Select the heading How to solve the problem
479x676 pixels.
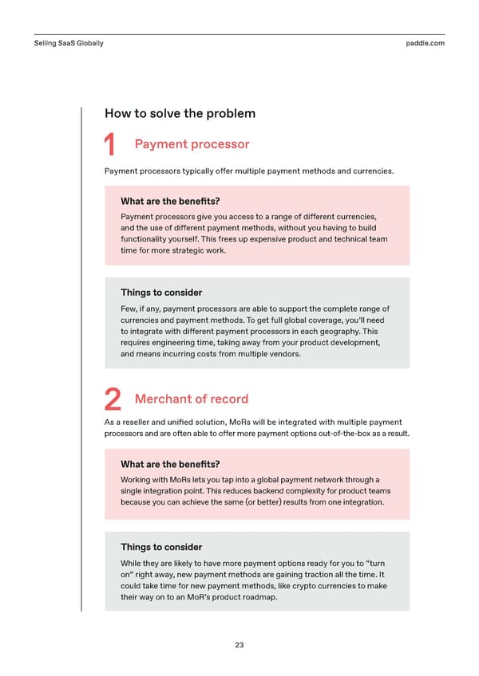(180, 113)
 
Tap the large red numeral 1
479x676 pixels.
(112, 146)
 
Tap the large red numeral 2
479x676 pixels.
(113, 400)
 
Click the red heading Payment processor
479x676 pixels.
(192, 144)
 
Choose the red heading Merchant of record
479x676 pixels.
(192, 399)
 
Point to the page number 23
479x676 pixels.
(239, 645)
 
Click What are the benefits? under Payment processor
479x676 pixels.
(170, 202)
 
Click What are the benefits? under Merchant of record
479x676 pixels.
(170, 464)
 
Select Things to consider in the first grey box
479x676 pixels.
(161, 293)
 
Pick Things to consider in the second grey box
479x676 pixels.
(161, 547)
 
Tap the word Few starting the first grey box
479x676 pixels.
(129, 309)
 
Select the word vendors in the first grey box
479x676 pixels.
(282, 355)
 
